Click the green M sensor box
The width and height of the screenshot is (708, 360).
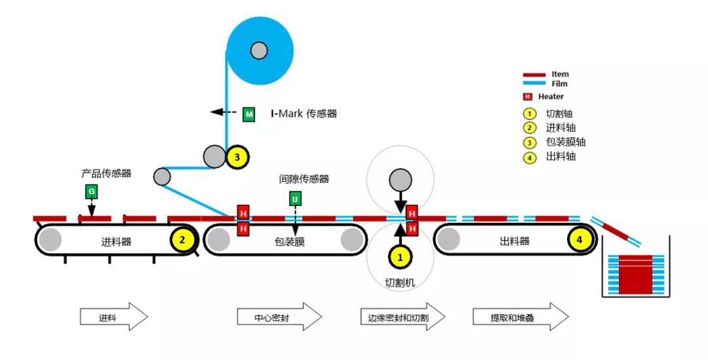(249, 114)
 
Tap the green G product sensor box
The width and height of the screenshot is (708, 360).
(92, 192)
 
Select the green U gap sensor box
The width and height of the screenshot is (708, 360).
(295, 199)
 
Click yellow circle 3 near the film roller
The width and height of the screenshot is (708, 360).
(237, 157)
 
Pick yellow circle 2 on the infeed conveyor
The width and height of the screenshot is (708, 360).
(182, 239)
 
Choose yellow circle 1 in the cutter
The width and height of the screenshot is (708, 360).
(400, 258)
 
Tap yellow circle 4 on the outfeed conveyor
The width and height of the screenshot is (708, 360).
(580, 240)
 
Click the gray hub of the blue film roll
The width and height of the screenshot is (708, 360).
(259, 50)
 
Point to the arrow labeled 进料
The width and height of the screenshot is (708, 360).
(114, 317)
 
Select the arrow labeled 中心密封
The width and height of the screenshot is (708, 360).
(279, 317)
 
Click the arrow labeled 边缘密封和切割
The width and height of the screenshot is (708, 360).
(403, 317)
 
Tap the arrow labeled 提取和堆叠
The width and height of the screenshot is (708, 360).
(521, 317)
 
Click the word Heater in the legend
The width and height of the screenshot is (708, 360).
(551, 96)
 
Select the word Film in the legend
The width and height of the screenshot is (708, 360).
(559, 83)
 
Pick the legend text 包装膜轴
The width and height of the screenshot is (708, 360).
(566, 142)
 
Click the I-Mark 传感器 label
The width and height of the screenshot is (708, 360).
(304, 113)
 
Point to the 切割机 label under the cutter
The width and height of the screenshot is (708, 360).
(400, 283)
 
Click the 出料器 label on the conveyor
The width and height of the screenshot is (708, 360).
(515, 241)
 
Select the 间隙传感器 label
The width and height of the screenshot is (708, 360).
(304, 179)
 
